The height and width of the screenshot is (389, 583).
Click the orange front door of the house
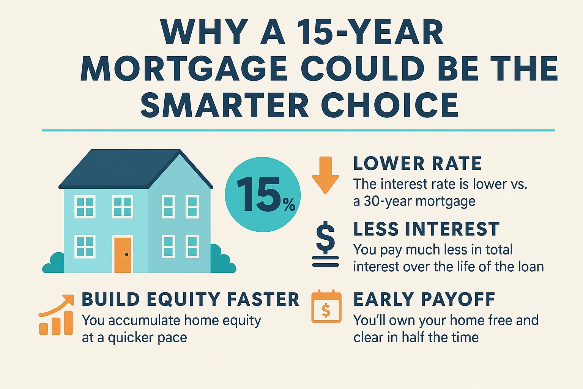(123, 255)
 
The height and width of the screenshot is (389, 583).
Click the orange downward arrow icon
(325, 175)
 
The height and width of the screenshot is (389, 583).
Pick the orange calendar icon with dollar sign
(326, 307)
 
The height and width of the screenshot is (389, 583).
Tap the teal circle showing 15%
(263, 194)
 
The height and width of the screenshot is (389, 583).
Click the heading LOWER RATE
(417, 164)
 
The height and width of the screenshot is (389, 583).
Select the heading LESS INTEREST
(426, 229)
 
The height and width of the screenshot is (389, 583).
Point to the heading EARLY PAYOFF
(424, 299)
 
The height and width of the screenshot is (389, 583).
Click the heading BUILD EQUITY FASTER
(191, 299)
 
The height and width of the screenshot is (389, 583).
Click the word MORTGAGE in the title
(184, 69)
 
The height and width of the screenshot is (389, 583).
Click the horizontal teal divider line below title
(298, 130)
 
